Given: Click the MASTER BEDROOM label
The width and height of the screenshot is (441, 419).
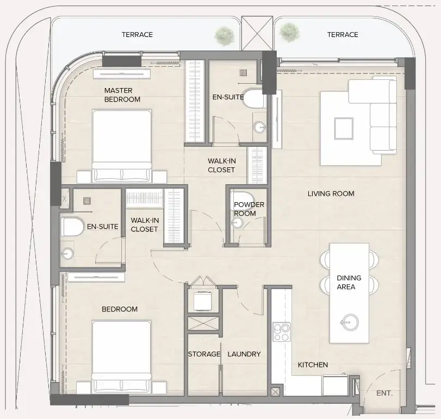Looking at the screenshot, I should coord(122,95).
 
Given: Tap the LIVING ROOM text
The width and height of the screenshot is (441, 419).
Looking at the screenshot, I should coord(331,193).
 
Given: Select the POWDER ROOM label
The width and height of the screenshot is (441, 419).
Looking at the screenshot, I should coord(249,209).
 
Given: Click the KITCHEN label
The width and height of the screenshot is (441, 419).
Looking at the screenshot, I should coord(313,365).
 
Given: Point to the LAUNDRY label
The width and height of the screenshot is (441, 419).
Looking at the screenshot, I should coord(244,354).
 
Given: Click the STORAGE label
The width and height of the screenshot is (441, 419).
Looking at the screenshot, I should coord(204,354).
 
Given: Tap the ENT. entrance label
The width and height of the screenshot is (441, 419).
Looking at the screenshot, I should coord(384,393).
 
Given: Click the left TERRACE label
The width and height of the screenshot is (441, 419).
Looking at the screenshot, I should coord(137,34).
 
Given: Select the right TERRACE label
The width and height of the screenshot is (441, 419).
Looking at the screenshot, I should coord(343,34).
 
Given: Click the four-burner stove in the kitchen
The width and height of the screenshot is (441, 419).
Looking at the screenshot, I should coord(282,332).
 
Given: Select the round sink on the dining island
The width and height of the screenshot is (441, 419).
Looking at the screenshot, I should coord(349,322).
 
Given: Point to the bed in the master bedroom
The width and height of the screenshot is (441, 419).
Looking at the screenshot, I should coord(121,144).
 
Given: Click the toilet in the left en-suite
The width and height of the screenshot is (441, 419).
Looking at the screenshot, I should coord(72,227).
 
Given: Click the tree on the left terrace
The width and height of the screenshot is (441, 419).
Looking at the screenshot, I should coord(223,35).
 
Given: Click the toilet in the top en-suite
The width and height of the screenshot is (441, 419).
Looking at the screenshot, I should coord(254,99).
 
